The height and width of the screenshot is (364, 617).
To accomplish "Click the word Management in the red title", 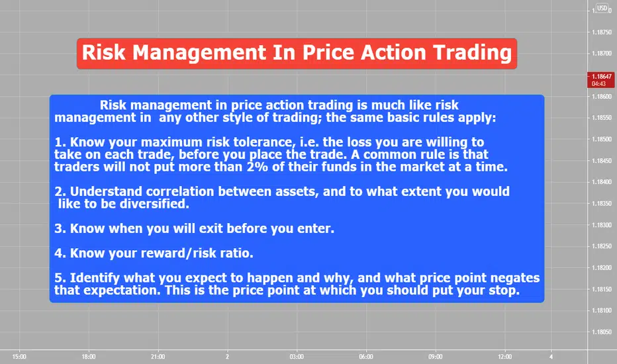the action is coord(199,53).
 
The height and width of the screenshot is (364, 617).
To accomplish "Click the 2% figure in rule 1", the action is coord(258,167).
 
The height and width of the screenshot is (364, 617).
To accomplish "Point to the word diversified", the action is coord(154,204).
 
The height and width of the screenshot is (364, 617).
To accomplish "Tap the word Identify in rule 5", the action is coord(95,278).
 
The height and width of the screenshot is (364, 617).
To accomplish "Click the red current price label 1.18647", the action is coord(601,80).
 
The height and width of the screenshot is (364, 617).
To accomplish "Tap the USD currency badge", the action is coord(602,8).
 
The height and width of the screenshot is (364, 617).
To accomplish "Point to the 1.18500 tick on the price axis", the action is coord(602,139).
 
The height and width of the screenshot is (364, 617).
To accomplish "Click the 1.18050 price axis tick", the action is coord(602,332).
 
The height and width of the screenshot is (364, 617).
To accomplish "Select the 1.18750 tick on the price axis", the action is coord(602,32).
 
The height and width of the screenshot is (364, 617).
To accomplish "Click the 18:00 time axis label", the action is coord(89,357).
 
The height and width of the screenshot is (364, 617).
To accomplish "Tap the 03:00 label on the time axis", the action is coord(297,357).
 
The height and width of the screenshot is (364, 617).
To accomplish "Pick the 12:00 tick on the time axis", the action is coord(505,357).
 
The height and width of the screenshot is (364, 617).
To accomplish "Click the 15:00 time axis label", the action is coord(19,357).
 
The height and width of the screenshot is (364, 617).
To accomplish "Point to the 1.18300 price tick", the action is coord(602,225).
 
